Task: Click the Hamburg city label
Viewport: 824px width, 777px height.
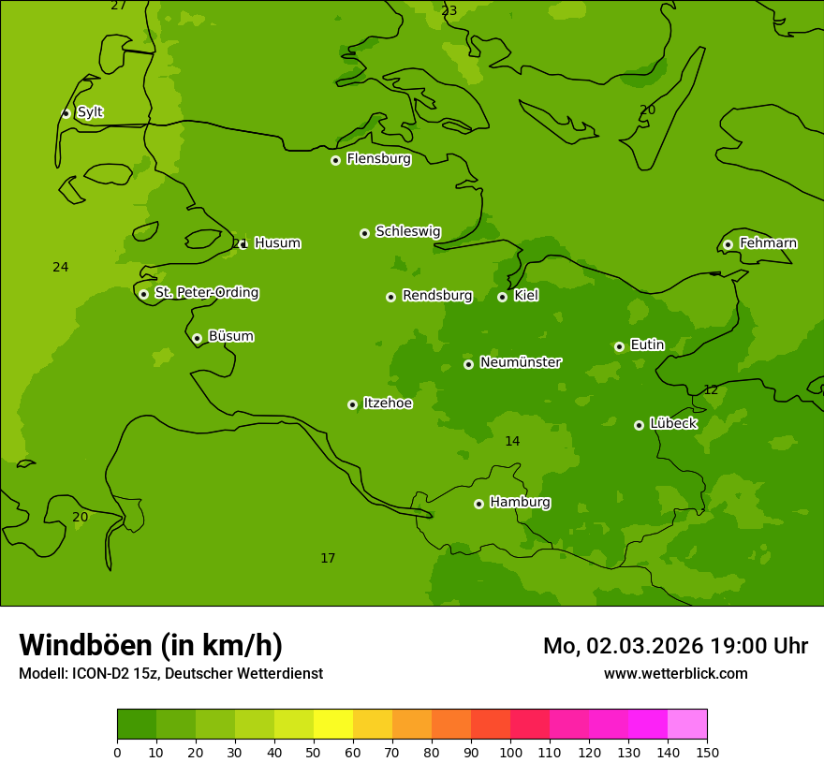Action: pyautogui.click(x=520, y=503)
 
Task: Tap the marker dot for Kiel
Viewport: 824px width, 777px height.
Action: pyautogui.click(x=502, y=297)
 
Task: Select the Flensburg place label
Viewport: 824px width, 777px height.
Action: pyautogui.click(x=378, y=159)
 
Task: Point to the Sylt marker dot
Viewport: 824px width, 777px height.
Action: pyautogui.click(x=66, y=113)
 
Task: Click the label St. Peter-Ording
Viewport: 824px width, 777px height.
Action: pyautogui.click(x=206, y=293)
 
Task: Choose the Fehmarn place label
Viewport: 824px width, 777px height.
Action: pyautogui.click(x=768, y=243)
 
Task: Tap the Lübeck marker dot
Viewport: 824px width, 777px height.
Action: pyautogui.click(x=639, y=425)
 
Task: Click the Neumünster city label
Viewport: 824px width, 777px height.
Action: pyautogui.click(x=521, y=362)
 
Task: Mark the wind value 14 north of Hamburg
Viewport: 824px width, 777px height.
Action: pyautogui.click(x=512, y=441)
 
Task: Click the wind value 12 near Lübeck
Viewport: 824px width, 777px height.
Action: pyautogui.click(x=711, y=389)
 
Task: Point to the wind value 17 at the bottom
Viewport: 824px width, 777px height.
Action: pyautogui.click(x=328, y=559)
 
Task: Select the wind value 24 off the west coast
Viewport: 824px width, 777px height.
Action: pyautogui.click(x=61, y=268)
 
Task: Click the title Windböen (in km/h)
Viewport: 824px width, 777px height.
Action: pyautogui.click(x=151, y=645)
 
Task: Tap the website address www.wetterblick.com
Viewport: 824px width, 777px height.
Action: pyautogui.click(x=675, y=673)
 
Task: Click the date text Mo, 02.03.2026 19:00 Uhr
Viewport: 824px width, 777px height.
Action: pyautogui.click(x=675, y=646)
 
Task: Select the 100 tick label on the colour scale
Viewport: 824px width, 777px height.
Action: pyautogui.click(x=510, y=752)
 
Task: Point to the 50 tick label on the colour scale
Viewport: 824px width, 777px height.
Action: pyautogui.click(x=314, y=752)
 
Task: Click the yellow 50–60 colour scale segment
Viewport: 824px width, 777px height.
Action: pyautogui.click(x=333, y=725)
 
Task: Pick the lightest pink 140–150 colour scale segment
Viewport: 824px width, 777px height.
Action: pyautogui.click(x=687, y=725)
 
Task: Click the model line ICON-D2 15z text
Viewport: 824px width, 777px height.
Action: pyautogui.click(x=170, y=673)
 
